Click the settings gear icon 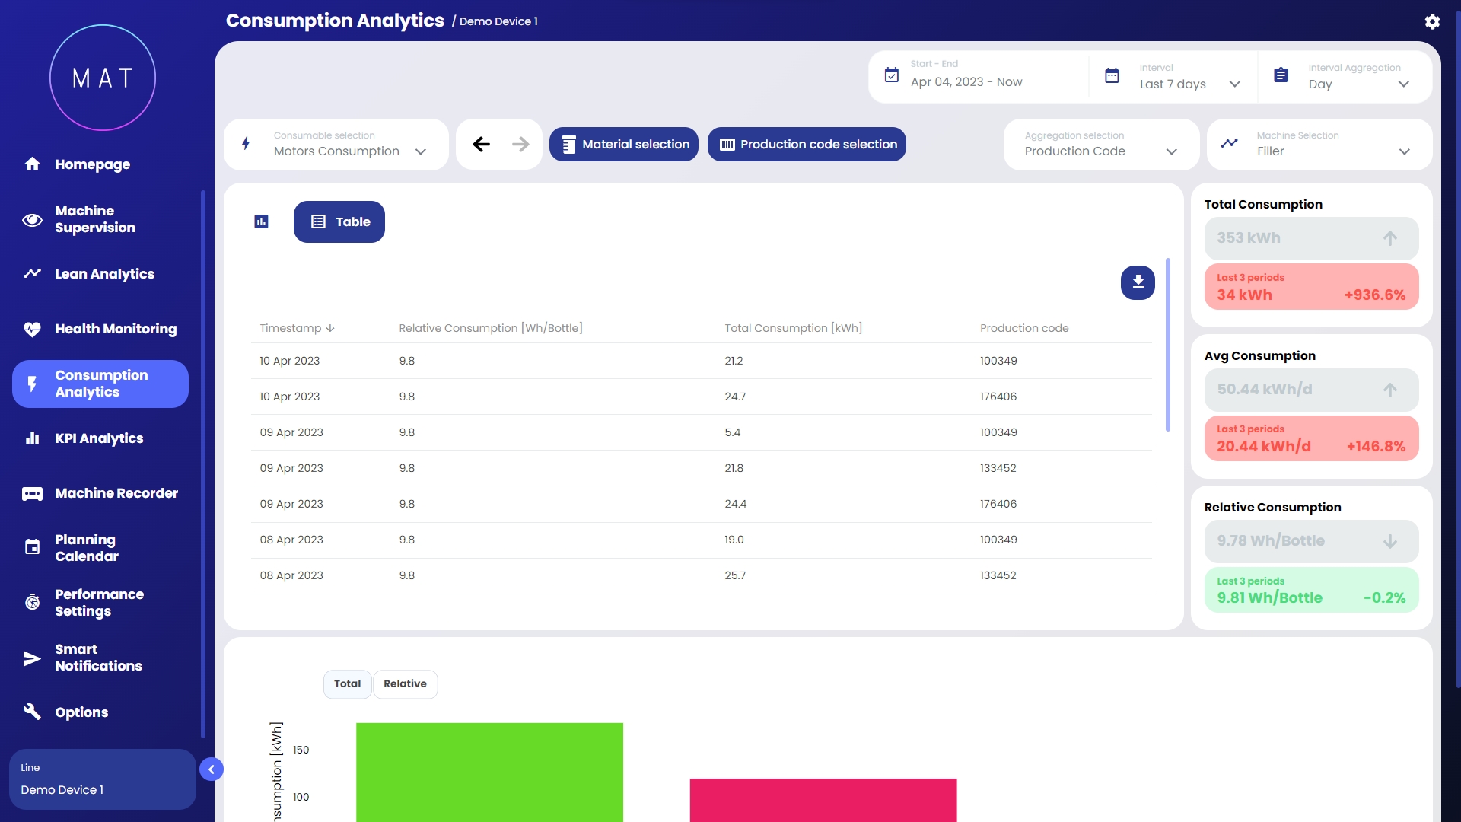(1432, 21)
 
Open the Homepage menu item (91, 164)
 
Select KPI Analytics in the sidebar (98, 438)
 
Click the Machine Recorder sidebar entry (116, 493)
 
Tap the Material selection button (624, 145)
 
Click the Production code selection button (807, 145)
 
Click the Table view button (339, 222)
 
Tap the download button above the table (1138, 282)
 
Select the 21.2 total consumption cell (734, 361)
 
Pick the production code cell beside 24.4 (998, 504)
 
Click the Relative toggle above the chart (405, 684)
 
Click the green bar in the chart (489, 773)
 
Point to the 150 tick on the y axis (301, 750)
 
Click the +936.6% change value (1374, 295)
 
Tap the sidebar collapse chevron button (212, 769)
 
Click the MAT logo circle (103, 78)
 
